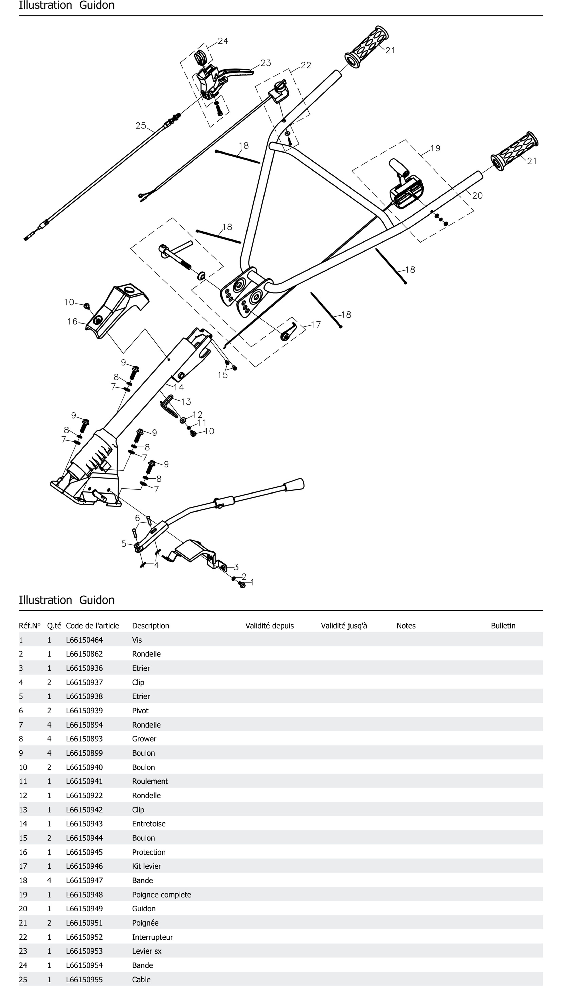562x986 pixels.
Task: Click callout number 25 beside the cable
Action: [x=140, y=125]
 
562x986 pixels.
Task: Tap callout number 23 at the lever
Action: [x=266, y=63]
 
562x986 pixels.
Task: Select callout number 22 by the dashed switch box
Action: [x=306, y=65]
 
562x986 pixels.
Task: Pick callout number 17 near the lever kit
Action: [x=316, y=325]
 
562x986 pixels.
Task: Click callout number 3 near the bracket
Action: [x=236, y=567]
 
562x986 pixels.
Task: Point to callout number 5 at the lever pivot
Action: [x=124, y=544]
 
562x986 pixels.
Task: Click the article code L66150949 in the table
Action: [x=84, y=909]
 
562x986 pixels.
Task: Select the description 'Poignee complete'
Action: [x=161, y=894]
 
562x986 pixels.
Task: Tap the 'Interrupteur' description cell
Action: [x=152, y=937]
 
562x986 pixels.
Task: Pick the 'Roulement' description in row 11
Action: [x=150, y=781]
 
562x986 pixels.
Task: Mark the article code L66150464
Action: [x=84, y=640]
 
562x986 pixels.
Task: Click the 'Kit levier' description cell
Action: [x=146, y=866]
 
